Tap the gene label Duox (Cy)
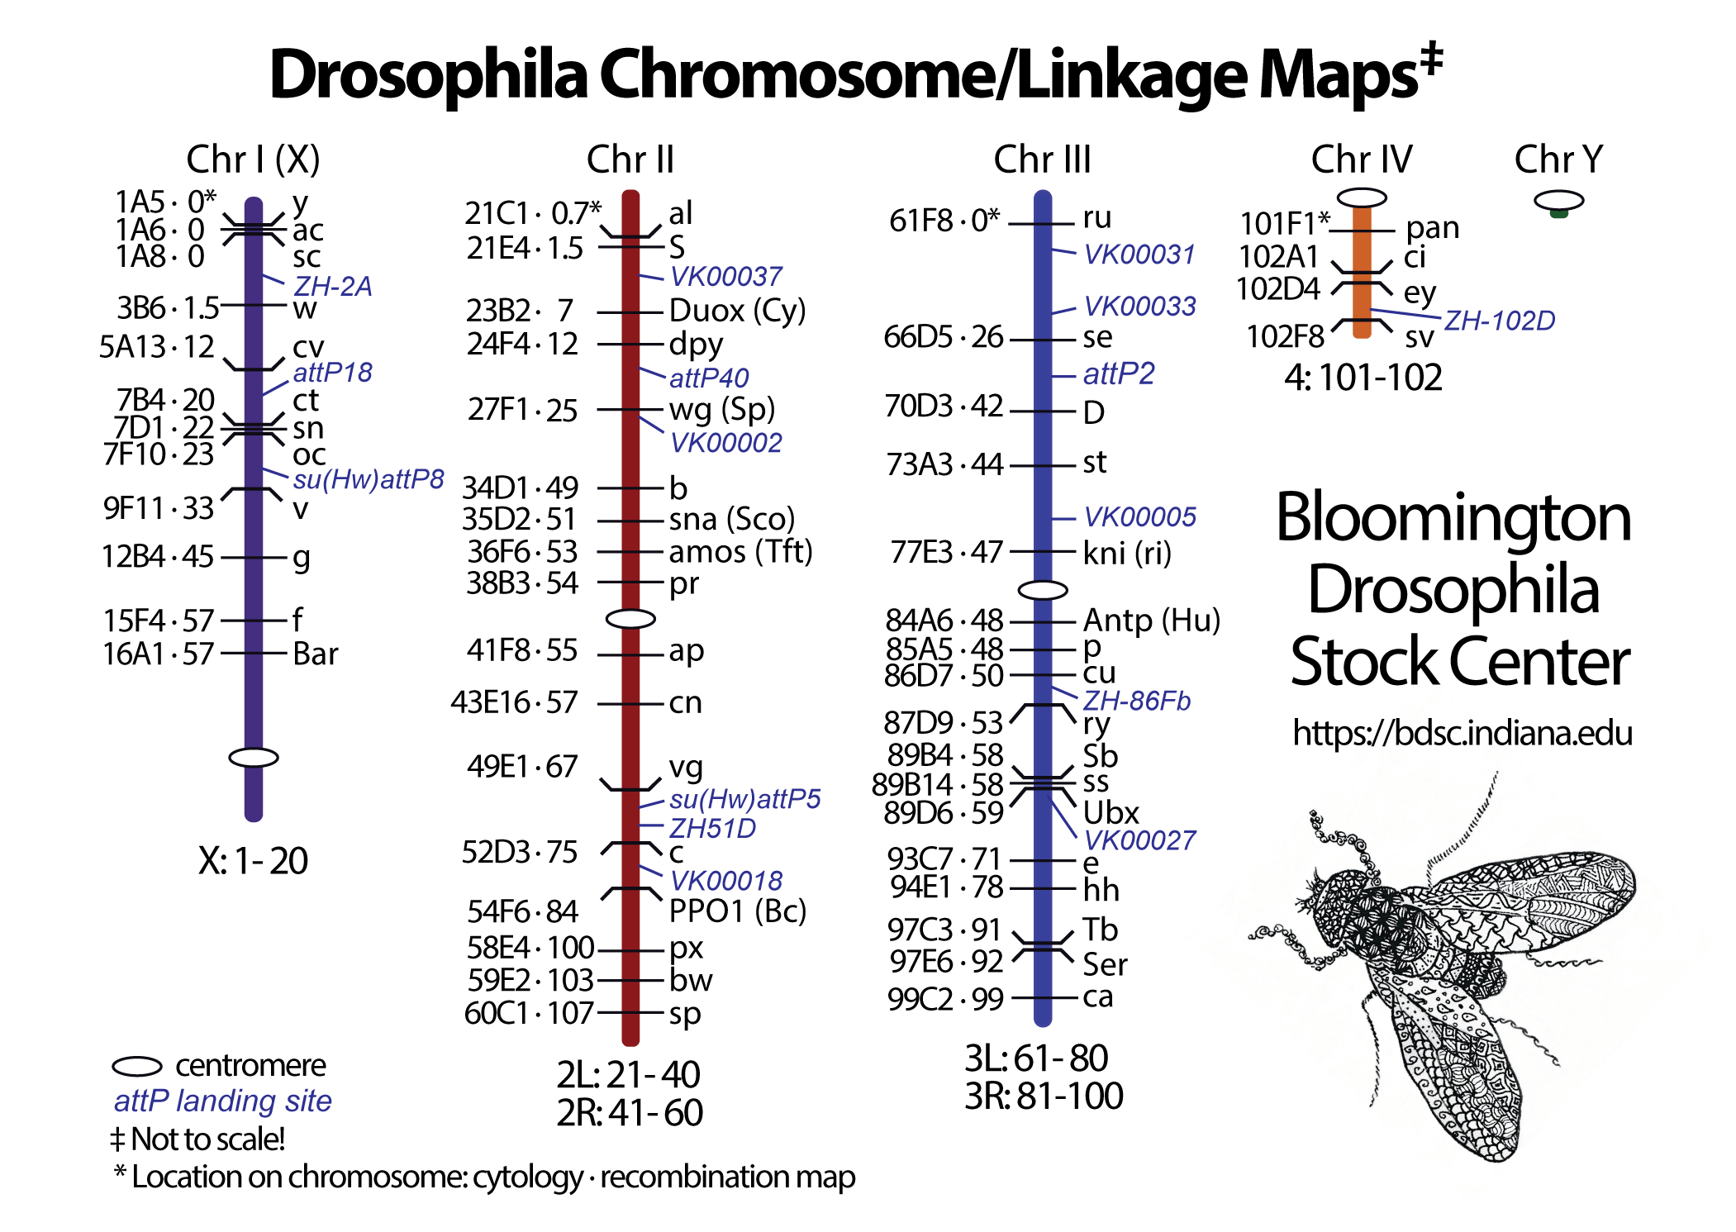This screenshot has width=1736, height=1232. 736,311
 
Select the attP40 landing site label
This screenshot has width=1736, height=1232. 708,378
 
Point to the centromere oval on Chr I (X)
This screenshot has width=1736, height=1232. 253,757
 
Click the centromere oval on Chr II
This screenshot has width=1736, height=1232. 630,618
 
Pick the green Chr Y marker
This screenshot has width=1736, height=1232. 1558,213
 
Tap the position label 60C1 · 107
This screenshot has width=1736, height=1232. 529,1013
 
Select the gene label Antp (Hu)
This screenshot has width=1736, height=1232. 1151,620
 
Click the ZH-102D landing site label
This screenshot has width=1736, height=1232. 1499,321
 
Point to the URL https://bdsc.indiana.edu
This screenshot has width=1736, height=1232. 1462,733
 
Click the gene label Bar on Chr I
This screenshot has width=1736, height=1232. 315,654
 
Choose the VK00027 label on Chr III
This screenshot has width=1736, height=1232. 1139,840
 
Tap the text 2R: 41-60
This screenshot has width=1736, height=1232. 629,1112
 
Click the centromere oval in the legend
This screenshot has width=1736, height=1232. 136,1067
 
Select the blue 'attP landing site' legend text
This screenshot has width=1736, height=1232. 222,1101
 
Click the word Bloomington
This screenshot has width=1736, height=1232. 1453,518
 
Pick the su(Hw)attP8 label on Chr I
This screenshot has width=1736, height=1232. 368,479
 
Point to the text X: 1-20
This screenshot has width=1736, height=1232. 253,861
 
